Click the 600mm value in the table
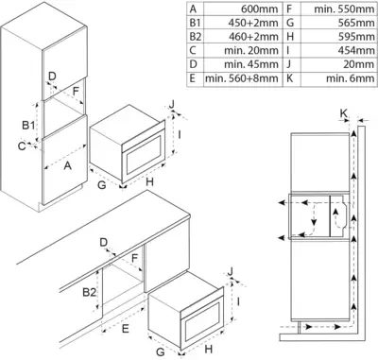pos(260,9)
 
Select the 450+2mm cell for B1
pos(253,23)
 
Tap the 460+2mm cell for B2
pos(253,37)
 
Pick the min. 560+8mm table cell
pos(242,78)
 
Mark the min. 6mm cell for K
pos(351,78)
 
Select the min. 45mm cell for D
pos(251,64)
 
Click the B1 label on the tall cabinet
pos(28,126)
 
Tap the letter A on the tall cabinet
pos(67,165)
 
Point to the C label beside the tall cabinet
pos(22,146)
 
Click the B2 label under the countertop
pos(89,292)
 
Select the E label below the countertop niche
pos(126,329)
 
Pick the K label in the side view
pos(344,113)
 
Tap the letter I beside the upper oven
pos(180,135)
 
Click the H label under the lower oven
pos(209,349)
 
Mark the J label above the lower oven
pos(231,271)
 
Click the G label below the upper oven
pos(102,184)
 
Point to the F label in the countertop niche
pos(135,258)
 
